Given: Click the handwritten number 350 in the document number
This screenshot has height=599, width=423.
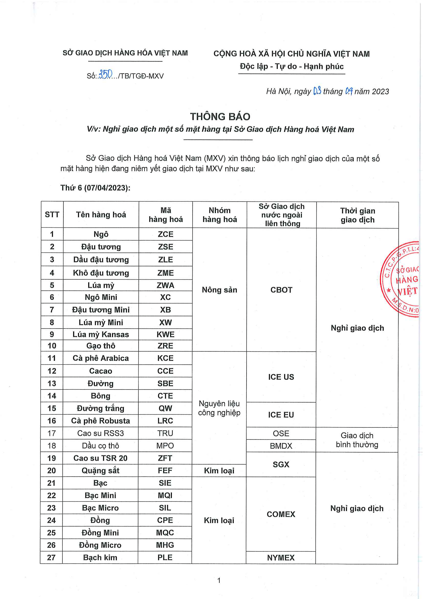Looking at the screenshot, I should pyautogui.click(x=105, y=75).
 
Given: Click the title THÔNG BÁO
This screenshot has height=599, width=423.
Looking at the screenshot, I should pyautogui.click(x=220, y=117).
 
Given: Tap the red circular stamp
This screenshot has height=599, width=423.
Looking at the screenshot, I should pyautogui.click(x=401, y=279).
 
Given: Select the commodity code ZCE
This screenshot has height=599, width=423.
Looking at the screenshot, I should pyautogui.click(x=165, y=234).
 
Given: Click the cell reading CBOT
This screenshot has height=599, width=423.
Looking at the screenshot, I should pyautogui.click(x=281, y=290).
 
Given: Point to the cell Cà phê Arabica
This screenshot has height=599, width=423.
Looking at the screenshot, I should pyautogui.click(x=101, y=358).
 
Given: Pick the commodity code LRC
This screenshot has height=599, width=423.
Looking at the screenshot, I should pyautogui.click(x=165, y=421).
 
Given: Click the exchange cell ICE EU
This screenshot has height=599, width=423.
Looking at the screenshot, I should pyautogui.click(x=281, y=415).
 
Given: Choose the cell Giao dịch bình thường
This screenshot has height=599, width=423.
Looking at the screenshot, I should pyautogui.click(x=357, y=440).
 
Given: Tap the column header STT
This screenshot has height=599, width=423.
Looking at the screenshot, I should pyautogui.click(x=52, y=214).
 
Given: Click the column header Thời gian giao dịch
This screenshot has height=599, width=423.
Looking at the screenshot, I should pyautogui.click(x=357, y=215).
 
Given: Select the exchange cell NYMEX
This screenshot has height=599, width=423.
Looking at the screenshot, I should pyautogui.click(x=281, y=558).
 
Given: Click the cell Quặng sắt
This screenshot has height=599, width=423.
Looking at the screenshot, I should pyautogui.click(x=100, y=470).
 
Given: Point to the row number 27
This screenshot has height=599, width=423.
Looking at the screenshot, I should pyautogui.click(x=51, y=557).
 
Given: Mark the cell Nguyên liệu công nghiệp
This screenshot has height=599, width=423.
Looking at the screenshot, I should pyautogui.click(x=219, y=408).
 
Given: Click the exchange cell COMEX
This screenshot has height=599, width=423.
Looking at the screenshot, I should pyautogui.click(x=281, y=514).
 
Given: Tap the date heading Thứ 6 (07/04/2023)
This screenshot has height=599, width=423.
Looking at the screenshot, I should pyautogui.click(x=95, y=187).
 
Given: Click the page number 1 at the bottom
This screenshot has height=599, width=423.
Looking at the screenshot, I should pyautogui.click(x=219, y=580).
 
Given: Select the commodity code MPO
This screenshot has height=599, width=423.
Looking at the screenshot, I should pyautogui.click(x=165, y=446).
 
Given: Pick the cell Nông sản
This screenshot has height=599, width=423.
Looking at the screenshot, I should pyautogui.click(x=219, y=290).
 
